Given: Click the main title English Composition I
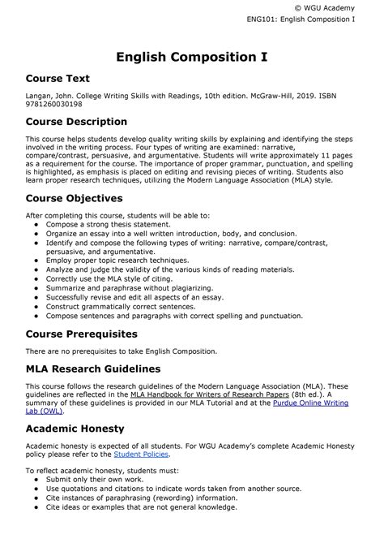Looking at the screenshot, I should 192,57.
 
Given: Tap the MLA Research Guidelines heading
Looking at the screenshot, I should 105,368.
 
